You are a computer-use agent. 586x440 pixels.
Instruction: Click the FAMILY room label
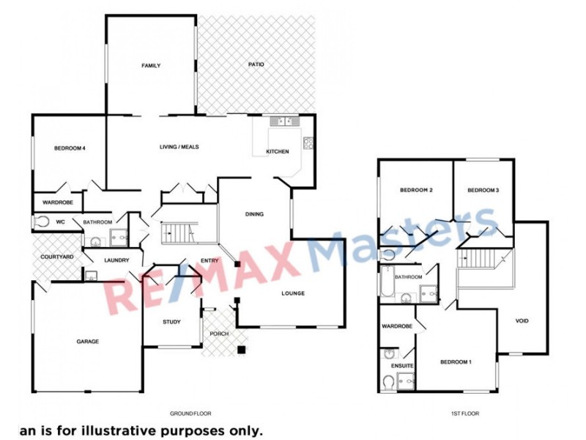151,66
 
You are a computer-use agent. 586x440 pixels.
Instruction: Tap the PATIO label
256,65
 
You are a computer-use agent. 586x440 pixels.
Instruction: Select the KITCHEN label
277,152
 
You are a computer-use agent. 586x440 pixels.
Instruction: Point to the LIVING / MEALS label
179,147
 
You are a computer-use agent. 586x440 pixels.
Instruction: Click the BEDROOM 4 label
70,149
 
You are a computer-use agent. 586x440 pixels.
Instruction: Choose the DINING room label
254,214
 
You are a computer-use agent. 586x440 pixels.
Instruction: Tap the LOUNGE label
293,293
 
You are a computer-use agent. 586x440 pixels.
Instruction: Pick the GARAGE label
88,341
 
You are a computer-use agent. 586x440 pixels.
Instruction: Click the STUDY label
171,321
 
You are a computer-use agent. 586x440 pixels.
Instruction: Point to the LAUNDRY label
117,260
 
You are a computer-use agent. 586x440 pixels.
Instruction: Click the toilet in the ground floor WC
42,221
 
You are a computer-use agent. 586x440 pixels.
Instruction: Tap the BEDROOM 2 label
416,191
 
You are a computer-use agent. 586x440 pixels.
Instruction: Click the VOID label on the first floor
522,320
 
